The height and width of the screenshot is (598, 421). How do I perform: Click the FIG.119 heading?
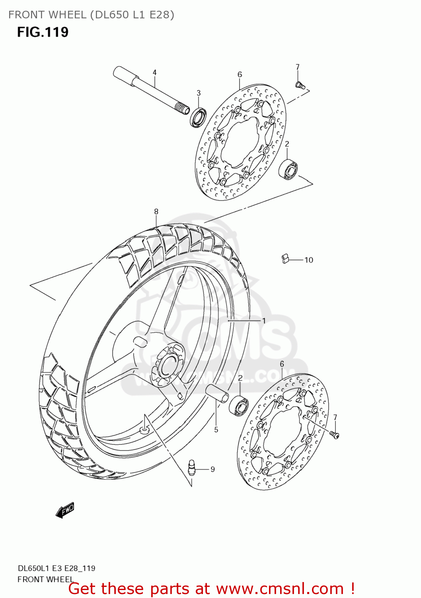43,32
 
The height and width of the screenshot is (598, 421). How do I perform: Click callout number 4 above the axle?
154,73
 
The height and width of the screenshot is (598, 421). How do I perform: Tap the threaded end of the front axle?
183,108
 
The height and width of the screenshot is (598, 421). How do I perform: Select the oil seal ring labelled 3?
198,117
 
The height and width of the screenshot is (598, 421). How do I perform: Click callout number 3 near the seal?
199,93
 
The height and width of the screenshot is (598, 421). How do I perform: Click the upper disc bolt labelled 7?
300,85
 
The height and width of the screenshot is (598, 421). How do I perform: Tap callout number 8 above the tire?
156,212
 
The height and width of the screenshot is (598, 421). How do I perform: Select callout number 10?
309,260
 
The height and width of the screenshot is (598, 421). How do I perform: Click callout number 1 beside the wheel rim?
263,321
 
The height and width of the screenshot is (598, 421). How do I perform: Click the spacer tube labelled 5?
217,394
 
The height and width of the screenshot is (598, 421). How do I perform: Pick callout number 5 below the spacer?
216,430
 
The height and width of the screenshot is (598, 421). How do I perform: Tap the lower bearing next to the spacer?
239,405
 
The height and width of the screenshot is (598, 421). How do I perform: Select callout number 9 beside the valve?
212,470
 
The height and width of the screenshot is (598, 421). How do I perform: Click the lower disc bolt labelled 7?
334,435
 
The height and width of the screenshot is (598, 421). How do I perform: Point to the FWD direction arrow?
65,510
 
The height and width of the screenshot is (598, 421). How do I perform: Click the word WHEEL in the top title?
66,15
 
